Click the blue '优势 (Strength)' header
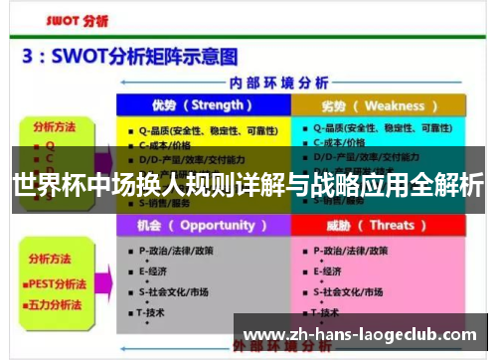click(202, 105)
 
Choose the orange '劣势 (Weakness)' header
click(379, 105)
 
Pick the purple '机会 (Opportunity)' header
click(203, 225)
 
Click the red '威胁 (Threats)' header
click(379, 225)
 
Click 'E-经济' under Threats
click(329, 270)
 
